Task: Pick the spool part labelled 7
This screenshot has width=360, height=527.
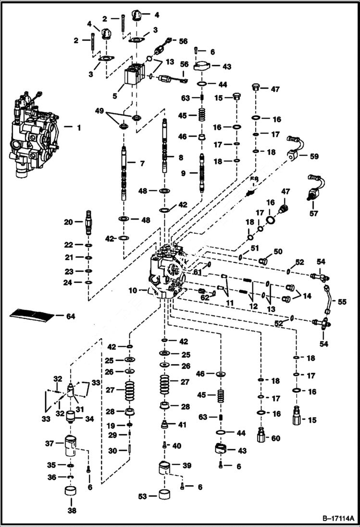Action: (124, 173)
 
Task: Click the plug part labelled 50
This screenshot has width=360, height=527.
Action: (263, 261)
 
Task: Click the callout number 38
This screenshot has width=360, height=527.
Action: (71, 511)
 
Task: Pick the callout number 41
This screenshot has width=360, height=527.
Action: (182, 425)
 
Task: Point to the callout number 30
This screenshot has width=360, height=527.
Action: (112, 451)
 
